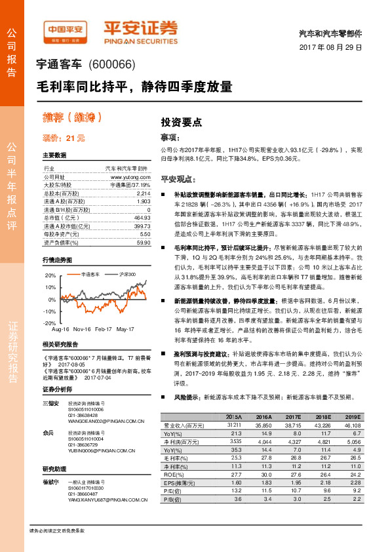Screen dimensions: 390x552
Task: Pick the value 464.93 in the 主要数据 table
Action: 142,217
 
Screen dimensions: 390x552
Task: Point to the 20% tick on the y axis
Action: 50,276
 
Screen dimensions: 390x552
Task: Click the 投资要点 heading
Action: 182,123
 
